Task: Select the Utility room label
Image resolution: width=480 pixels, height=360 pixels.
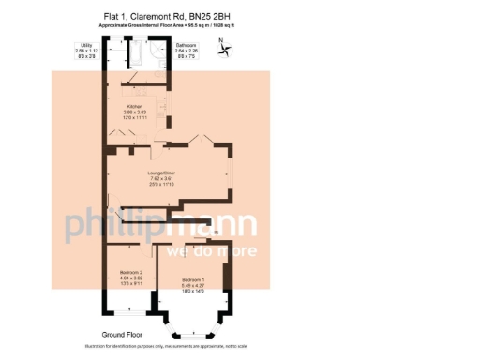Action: (85, 44)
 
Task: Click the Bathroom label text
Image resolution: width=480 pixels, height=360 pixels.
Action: (186, 44)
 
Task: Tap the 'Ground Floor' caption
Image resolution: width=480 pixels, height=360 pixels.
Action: (124, 333)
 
